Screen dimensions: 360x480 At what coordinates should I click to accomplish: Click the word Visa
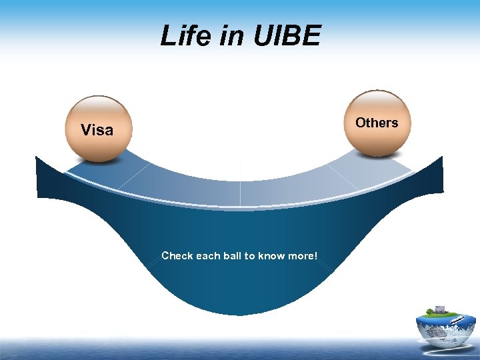click(x=97, y=130)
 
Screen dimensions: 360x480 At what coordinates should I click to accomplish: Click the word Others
click(x=377, y=123)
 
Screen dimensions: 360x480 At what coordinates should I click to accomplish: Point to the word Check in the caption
click(x=177, y=255)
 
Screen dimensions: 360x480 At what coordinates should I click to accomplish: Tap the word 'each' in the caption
click(x=209, y=255)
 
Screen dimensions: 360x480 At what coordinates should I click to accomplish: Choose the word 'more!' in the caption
click(x=303, y=255)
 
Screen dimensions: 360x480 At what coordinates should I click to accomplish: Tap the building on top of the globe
click(x=440, y=309)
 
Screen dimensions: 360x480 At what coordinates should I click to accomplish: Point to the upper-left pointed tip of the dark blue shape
click(x=36, y=157)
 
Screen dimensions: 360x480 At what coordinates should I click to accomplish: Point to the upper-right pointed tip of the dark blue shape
click(x=442, y=157)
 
